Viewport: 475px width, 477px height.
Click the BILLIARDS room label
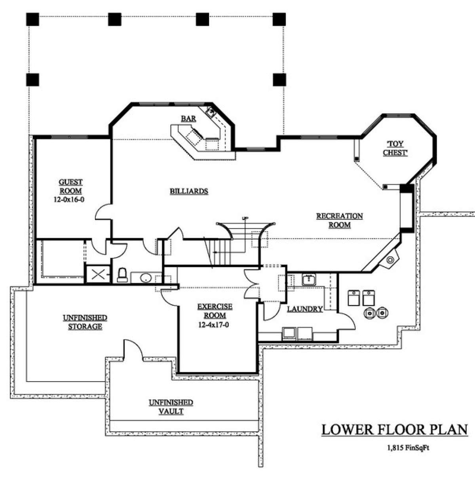[189, 191]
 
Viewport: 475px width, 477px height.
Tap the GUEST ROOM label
[71, 187]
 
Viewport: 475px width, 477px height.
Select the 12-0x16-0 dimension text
[69, 200]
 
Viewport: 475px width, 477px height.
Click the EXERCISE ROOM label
[215, 311]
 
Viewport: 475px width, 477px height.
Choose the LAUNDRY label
[304, 309]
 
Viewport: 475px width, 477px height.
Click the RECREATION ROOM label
[339, 220]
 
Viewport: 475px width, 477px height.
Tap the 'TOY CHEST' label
[395, 148]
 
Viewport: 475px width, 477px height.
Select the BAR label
[188, 118]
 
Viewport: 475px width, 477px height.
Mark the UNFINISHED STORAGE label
[85, 322]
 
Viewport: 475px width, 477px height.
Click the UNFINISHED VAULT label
[171, 407]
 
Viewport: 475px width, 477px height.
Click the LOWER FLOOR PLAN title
[394, 430]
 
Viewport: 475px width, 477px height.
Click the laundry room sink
[308, 280]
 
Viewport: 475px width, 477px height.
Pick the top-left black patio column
[32, 19]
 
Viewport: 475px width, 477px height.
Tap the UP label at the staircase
[245, 218]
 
